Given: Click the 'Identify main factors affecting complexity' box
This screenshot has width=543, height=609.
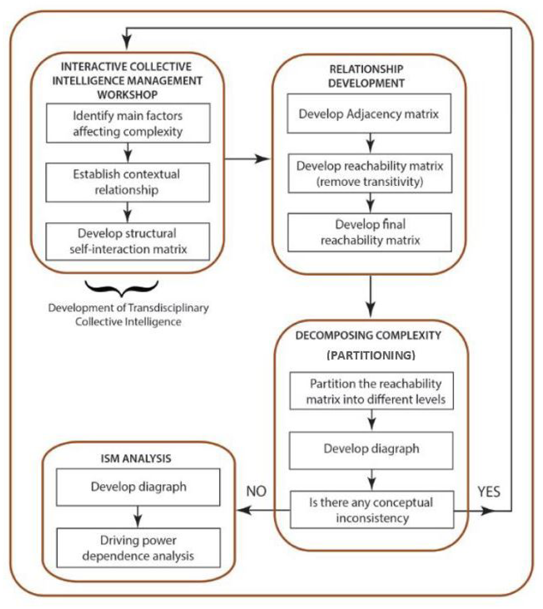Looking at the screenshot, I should click(128, 123).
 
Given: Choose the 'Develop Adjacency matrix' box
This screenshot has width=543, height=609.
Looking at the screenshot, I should click(369, 114).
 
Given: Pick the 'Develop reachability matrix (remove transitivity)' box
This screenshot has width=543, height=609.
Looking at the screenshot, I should click(370, 173).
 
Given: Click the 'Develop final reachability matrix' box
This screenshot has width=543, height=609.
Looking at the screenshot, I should click(370, 232).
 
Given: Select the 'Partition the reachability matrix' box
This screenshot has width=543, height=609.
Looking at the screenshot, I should click(371, 391).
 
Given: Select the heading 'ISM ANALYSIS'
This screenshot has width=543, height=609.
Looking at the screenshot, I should click(136, 458).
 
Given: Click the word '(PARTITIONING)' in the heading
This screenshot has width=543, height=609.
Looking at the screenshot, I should click(371, 355).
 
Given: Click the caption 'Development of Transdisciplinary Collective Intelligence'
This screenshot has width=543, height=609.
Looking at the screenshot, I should click(128, 315).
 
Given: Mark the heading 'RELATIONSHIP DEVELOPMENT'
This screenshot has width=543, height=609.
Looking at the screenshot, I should click(366, 76).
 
